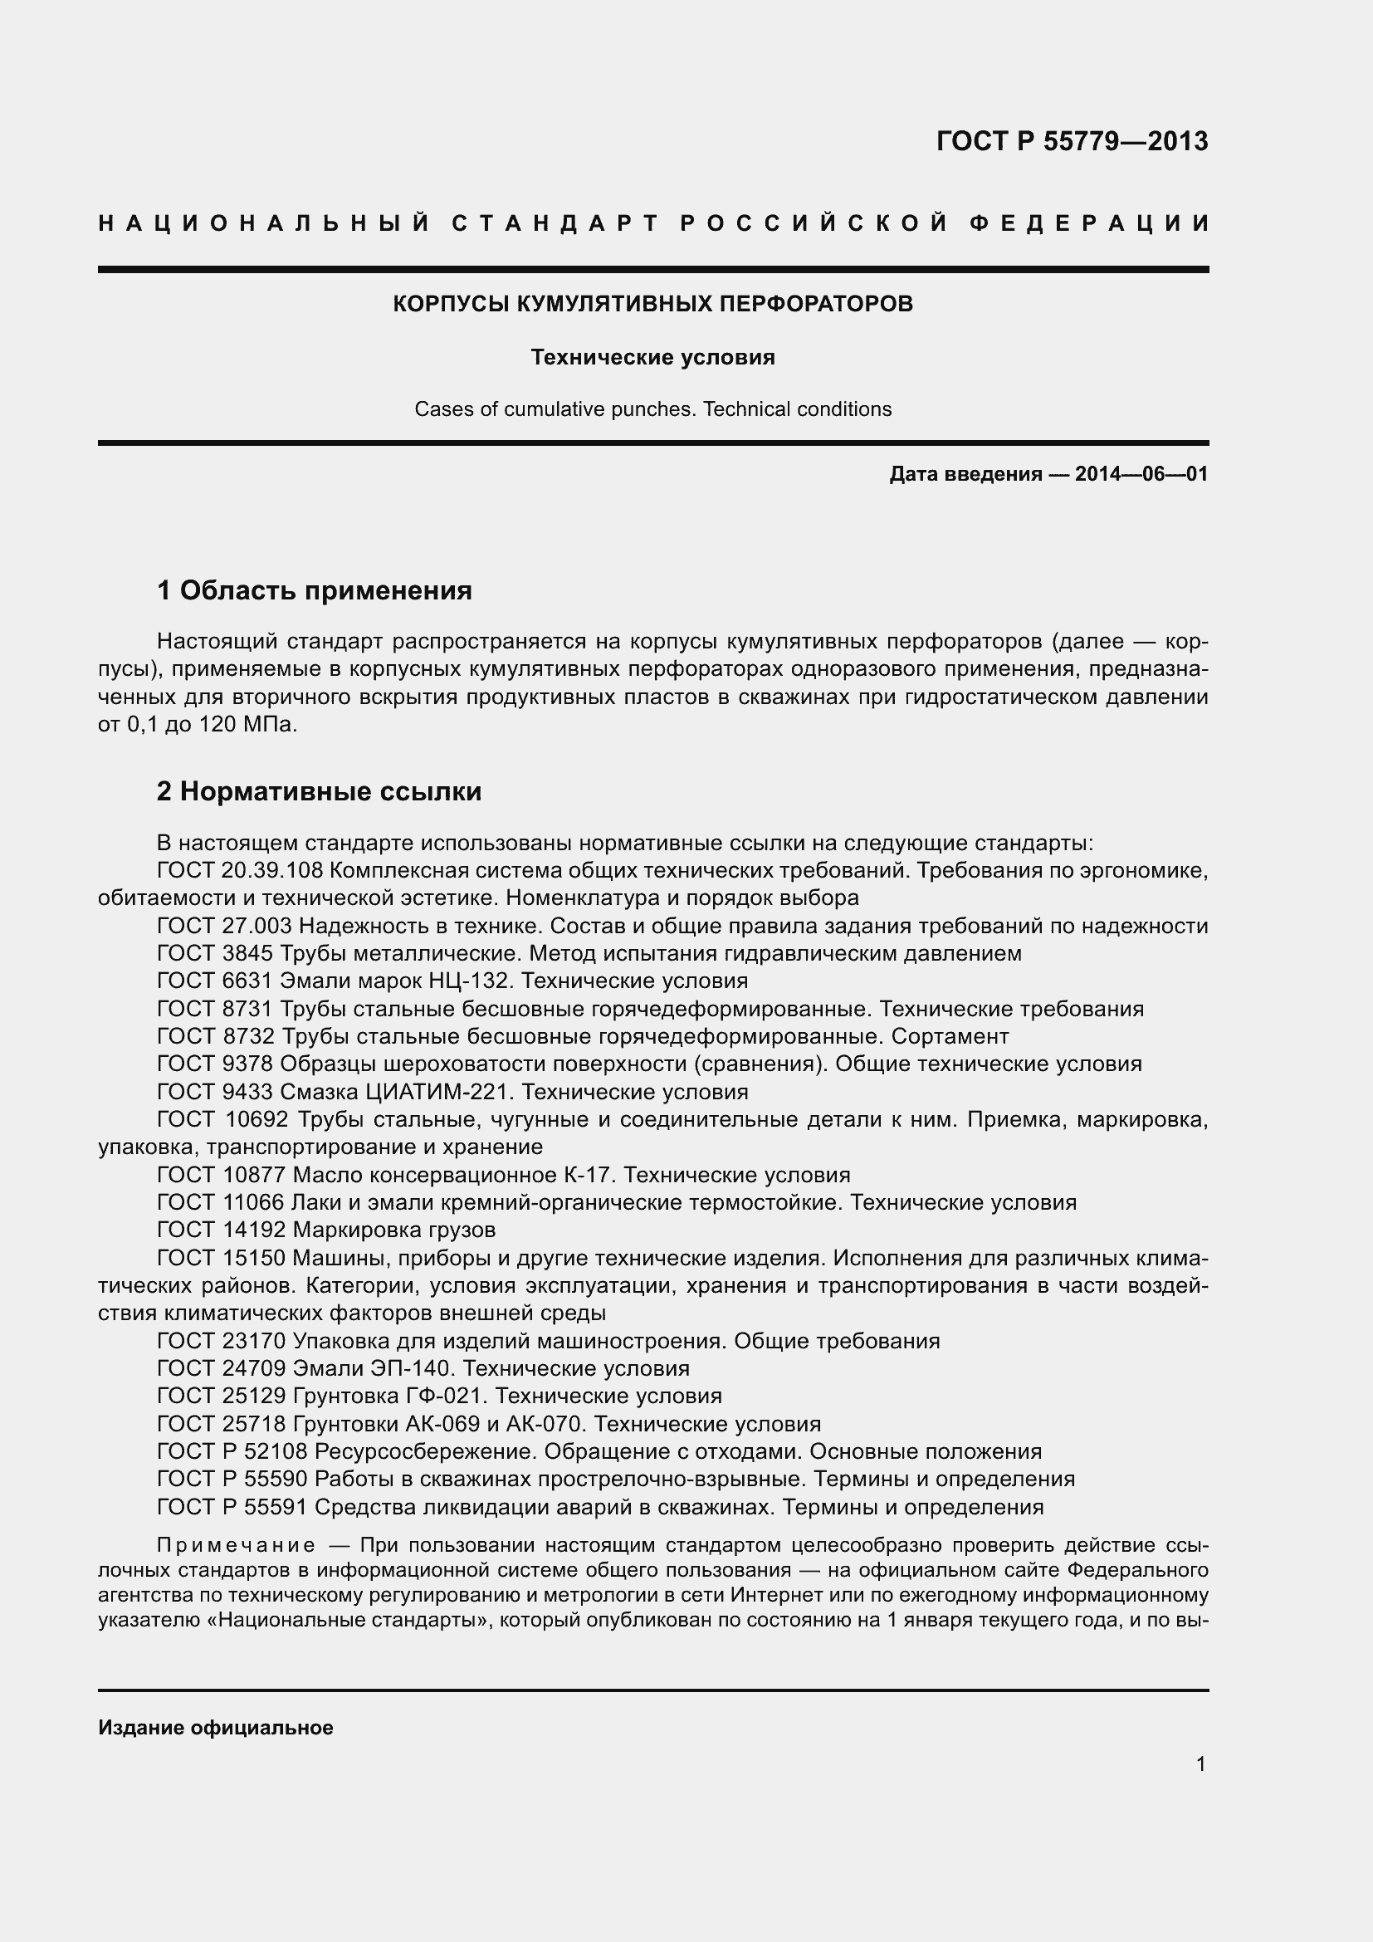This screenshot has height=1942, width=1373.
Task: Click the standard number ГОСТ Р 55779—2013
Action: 1071,141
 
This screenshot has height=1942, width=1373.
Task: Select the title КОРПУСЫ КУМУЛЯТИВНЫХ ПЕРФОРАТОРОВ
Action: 652,305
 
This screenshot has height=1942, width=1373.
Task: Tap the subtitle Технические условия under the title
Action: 652,358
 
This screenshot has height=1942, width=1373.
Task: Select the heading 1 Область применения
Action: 315,590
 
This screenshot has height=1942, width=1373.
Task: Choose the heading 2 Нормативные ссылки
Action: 319,792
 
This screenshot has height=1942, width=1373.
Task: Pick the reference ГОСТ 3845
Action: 215,953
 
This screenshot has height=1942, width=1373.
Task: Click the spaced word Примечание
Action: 237,1546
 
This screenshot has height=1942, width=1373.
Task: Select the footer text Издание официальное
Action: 216,1728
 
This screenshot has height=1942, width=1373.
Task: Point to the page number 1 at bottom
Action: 1200,1764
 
